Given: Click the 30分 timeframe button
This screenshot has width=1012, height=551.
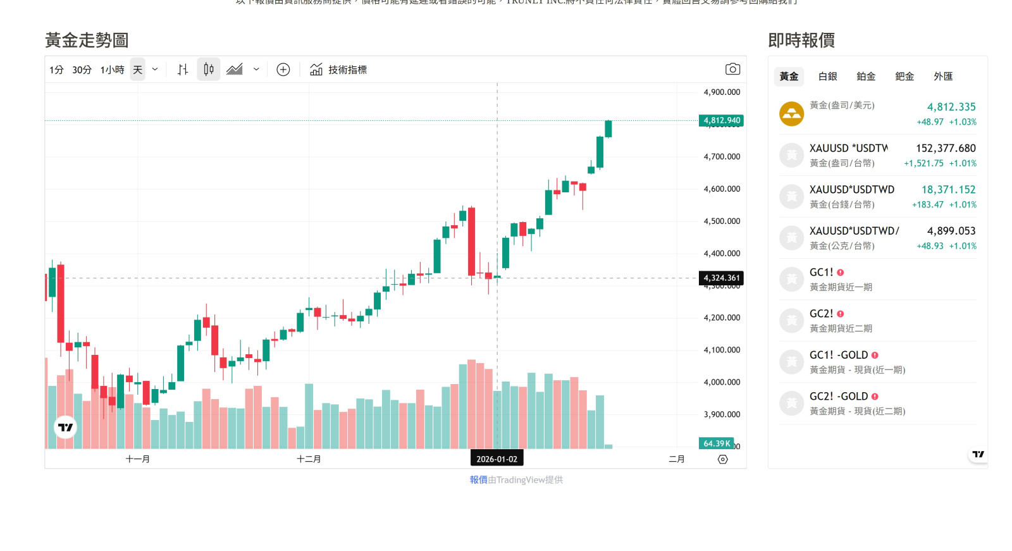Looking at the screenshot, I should click(x=82, y=70).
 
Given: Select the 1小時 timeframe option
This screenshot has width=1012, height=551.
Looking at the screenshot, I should click(x=112, y=70).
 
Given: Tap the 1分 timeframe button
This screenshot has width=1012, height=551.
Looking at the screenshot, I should click(x=56, y=70).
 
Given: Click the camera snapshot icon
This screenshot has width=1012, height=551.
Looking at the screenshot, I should click(x=732, y=69).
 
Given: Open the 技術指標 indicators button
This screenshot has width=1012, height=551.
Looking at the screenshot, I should click(x=338, y=70).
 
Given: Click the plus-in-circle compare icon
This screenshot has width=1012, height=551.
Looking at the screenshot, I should click(x=283, y=70).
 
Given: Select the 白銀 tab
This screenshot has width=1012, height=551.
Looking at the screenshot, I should click(x=827, y=77).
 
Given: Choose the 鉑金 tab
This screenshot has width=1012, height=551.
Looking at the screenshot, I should click(x=866, y=77).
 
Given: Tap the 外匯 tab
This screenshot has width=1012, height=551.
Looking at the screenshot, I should click(x=943, y=77).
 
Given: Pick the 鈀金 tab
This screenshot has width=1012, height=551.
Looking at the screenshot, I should click(x=904, y=77).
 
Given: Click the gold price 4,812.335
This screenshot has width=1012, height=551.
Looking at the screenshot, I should click(x=951, y=107).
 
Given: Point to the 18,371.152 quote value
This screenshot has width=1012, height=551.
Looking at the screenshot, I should click(x=948, y=190).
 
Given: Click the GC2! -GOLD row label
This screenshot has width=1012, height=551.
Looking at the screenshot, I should click(x=839, y=397).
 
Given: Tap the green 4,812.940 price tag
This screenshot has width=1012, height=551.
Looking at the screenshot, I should click(x=721, y=121).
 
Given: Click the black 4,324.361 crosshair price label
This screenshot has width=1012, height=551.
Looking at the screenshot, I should click(x=721, y=278).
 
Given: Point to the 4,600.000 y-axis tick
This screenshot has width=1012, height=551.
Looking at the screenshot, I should click(x=722, y=189).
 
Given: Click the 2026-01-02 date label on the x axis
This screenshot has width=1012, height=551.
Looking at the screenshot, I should click(x=497, y=459).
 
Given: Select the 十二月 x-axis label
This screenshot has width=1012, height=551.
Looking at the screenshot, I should click(x=309, y=459).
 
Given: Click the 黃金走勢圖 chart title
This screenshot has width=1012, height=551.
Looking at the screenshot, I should click(x=87, y=40).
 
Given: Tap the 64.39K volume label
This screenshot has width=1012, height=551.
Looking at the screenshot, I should click(x=716, y=443).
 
